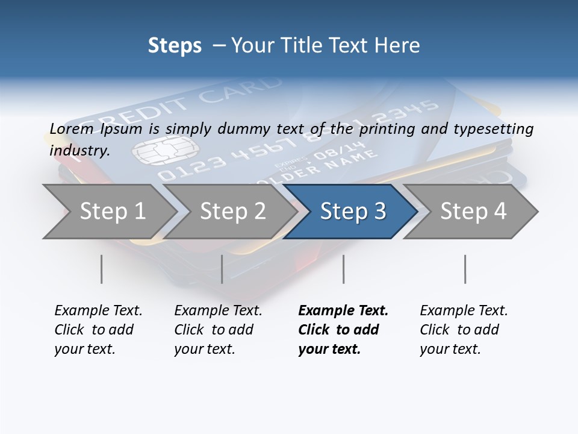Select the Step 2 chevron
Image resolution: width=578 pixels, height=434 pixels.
pyautogui.click(x=232, y=212)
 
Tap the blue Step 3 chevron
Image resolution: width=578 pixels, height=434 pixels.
pyautogui.click(x=353, y=212)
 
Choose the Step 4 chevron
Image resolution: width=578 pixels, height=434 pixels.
pyautogui.click(x=473, y=212)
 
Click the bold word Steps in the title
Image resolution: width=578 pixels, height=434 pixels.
pyautogui.click(x=175, y=45)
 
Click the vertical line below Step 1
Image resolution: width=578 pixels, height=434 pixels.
pyautogui.click(x=102, y=269)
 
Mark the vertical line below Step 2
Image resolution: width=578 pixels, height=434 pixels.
pyautogui.click(x=222, y=269)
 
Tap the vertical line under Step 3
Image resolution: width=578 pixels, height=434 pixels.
pyautogui.click(x=343, y=269)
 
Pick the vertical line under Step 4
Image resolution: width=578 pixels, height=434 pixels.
pyautogui.click(x=465, y=269)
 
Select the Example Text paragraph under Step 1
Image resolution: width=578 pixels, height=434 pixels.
pyautogui.click(x=98, y=330)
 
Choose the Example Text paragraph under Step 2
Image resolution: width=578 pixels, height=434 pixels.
pyautogui.click(x=218, y=330)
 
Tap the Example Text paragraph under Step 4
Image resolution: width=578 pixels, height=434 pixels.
pyautogui.click(x=464, y=330)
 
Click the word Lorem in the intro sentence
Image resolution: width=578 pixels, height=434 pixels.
pyautogui.click(x=72, y=128)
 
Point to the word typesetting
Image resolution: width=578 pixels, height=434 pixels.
pyautogui.click(x=496, y=128)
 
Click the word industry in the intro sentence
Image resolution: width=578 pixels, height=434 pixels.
pyautogui.click(x=79, y=150)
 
